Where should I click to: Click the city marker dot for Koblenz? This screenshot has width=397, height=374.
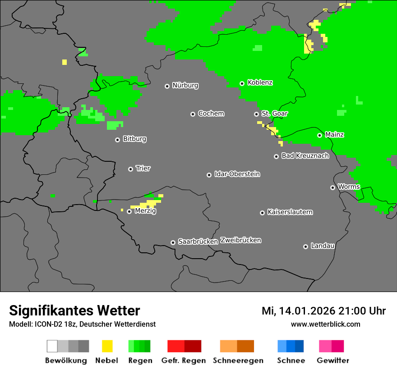click(242, 83)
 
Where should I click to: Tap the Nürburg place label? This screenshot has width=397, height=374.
click(185, 85)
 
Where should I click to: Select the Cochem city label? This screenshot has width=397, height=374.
click(211, 114)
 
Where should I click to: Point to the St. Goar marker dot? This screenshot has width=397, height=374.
click(256, 114)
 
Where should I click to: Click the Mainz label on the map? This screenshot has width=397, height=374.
click(334, 134)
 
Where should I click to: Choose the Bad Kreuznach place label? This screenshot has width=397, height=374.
click(305, 156)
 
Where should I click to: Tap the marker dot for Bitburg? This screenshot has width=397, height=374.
click(117, 140)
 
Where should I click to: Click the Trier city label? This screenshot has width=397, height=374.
click(143, 169)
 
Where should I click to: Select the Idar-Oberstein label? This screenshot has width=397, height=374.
click(237, 174)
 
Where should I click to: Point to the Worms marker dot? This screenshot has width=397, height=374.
click(332, 187)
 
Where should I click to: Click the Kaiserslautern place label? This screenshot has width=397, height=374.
click(290, 212)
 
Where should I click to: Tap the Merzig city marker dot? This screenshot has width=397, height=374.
click(129, 211)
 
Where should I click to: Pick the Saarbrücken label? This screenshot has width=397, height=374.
click(198, 242)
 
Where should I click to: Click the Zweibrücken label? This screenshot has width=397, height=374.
click(241, 240)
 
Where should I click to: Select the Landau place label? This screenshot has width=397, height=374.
click(323, 246)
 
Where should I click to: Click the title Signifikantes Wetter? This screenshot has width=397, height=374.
click(74, 311)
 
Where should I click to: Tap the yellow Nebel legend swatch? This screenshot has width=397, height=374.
click(107, 346)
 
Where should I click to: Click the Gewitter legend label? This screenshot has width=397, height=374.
click(333, 360)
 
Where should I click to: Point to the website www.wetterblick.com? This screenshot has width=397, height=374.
click(325, 324)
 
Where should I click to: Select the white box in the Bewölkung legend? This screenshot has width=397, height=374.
click(52, 346)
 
